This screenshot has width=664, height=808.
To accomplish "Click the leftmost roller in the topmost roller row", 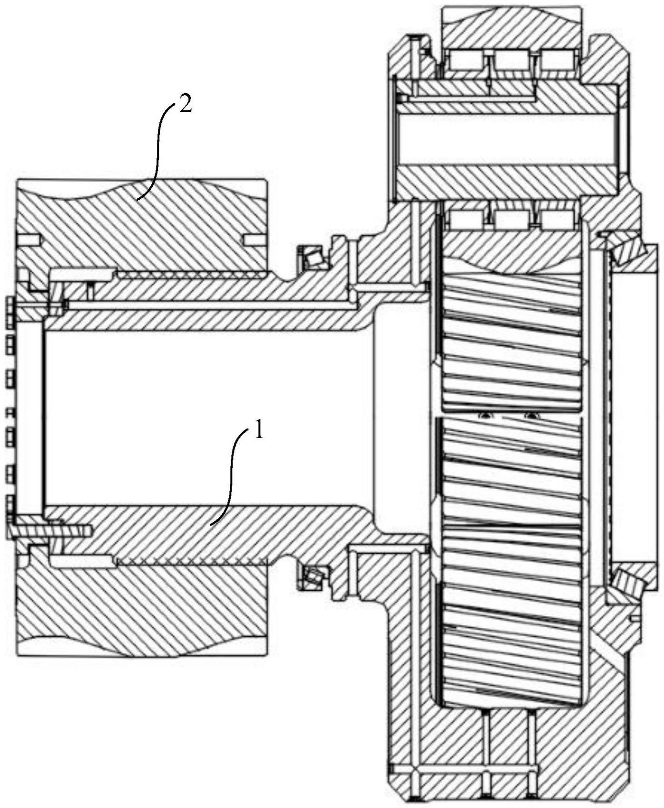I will pyautogui.click(x=466, y=60).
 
